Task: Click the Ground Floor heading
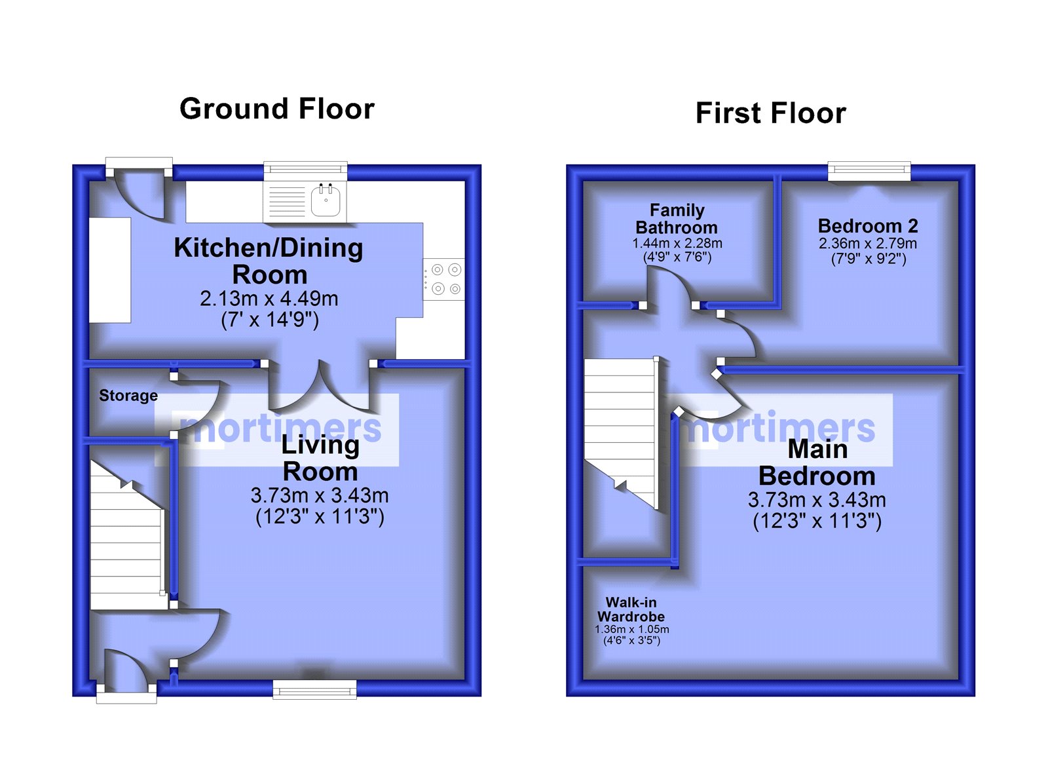(277, 109)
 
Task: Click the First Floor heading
(770, 113)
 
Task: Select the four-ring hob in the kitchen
(444, 279)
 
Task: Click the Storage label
(128, 396)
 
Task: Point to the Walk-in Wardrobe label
(631, 609)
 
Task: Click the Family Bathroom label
(677, 219)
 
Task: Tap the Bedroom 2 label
(868, 226)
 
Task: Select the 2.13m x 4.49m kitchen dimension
(269, 299)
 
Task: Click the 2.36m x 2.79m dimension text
(868, 243)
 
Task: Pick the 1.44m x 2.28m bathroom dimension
(677, 243)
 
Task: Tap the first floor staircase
(622, 434)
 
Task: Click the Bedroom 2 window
(869, 171)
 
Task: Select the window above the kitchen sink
(305, 171)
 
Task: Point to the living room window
(314, 689)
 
